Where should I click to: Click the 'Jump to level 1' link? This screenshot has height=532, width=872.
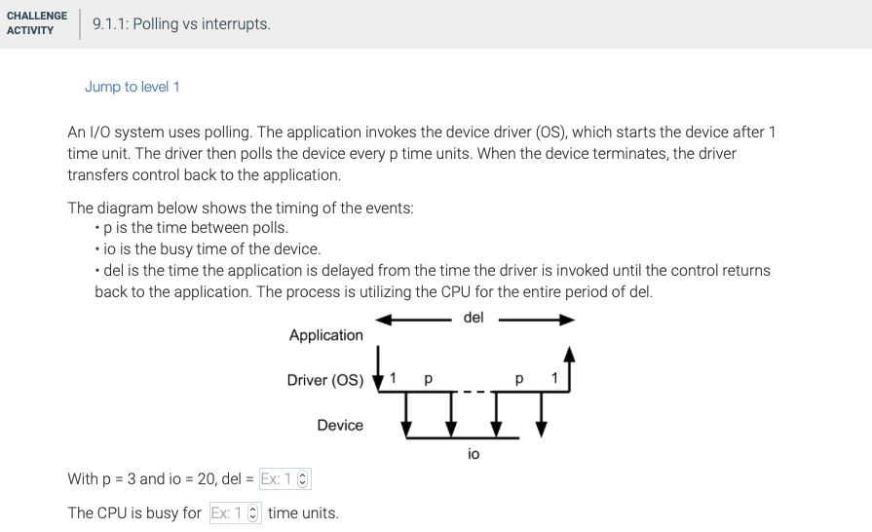(x=132, y=87)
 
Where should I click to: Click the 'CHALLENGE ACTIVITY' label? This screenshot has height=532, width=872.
(x=37, y=23)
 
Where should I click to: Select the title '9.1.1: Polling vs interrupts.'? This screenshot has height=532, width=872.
(x=181, y=23)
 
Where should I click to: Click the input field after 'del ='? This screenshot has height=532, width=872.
(x=278, y=478)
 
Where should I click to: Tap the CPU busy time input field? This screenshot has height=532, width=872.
(x=229, y=513)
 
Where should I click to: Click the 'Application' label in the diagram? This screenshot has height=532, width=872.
(x=325, y=335)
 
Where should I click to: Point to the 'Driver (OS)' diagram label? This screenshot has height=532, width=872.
(x=324, y=380)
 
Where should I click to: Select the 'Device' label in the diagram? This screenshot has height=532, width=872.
(x=339, y=425)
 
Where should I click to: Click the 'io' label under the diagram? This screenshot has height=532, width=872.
(x=474, y=454)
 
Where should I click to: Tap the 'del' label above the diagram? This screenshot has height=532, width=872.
(x=474, y=318)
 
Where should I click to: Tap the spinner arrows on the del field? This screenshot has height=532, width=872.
(x=301, y=479)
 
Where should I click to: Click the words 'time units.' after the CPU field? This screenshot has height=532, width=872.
(x=303, y=513)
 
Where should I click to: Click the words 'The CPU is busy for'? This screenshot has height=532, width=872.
(x=134, y=513)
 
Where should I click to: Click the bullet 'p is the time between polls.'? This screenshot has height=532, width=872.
(x=195, y=228)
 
